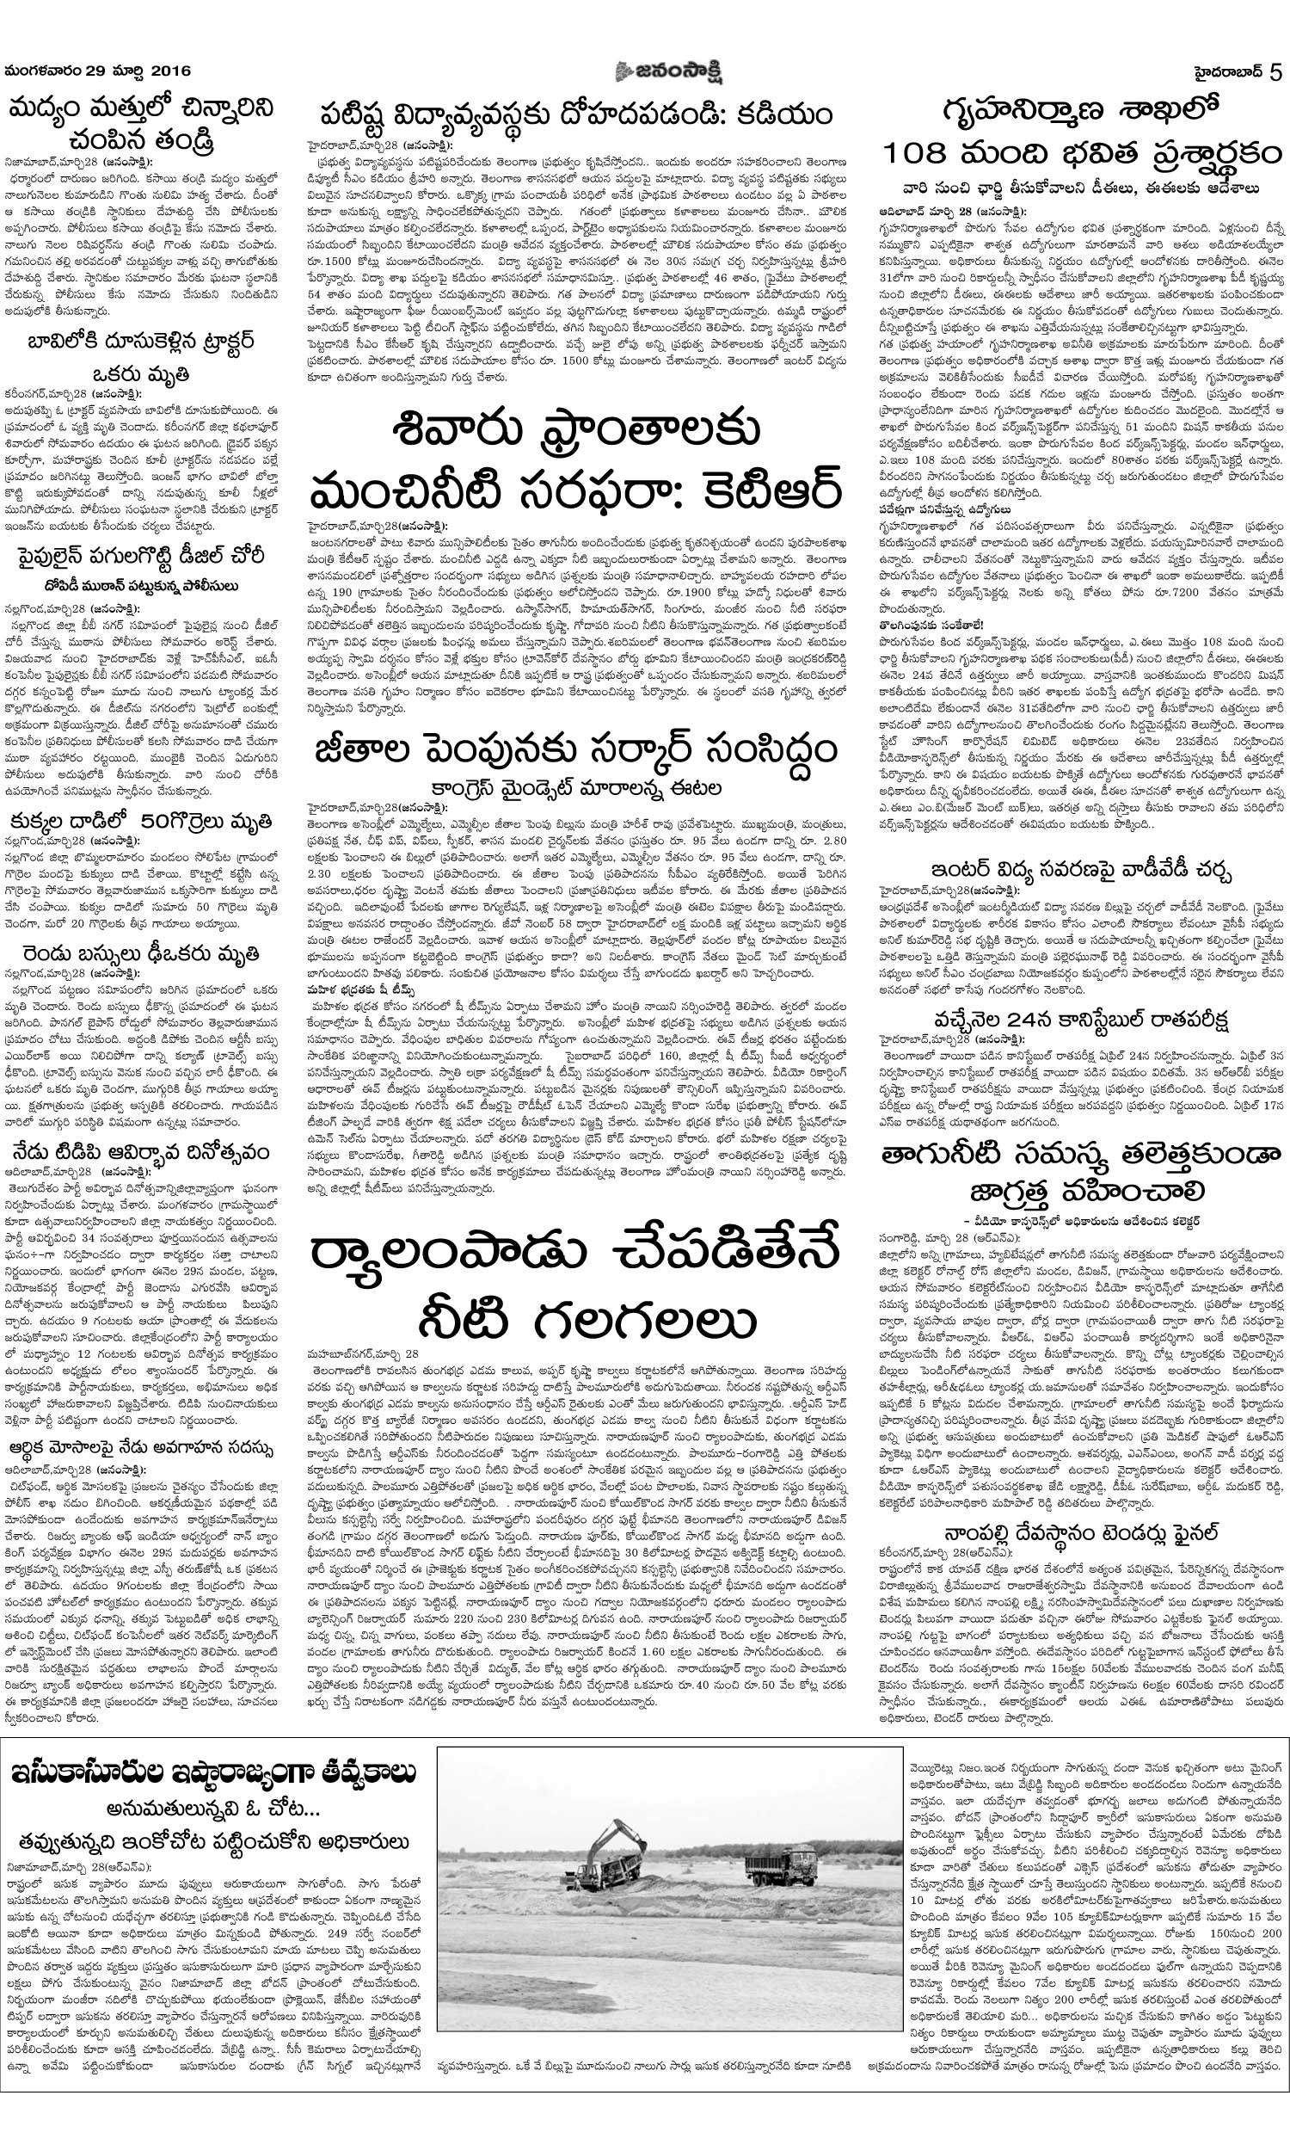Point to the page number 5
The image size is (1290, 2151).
[x=1276, y=73]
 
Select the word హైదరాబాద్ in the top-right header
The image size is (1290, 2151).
[x=1225, y=73]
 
